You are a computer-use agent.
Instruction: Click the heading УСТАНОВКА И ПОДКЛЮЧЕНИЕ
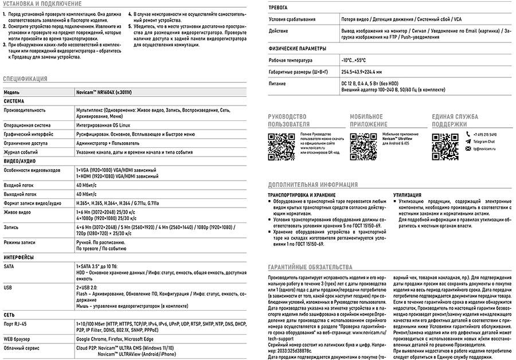tap(42, 4)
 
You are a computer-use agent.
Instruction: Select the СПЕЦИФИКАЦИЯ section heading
tap(25, 79)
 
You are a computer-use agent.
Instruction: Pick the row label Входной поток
tap(19, 186)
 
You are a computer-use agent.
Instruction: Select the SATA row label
tap(9, 267)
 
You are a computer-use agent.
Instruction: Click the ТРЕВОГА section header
tap(278, 7)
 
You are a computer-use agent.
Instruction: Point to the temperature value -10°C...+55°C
tap(353, 60)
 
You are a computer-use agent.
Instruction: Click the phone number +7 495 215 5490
tap(485, 135)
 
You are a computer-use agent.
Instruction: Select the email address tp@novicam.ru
tap(484, 148)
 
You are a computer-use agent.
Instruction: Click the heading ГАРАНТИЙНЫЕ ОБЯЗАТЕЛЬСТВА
tap(310, 267)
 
